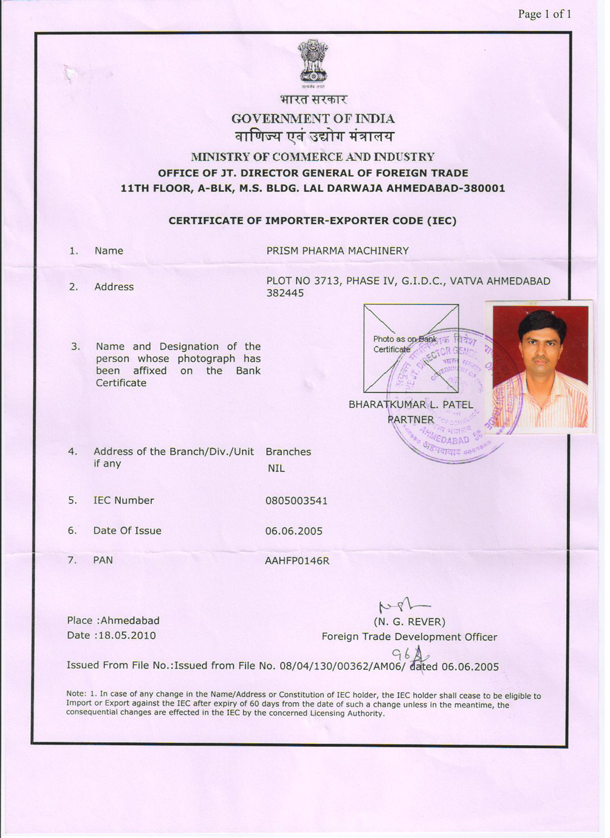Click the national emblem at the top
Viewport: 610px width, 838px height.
click(313, 62)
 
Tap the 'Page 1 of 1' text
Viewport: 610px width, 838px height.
click(544, 14)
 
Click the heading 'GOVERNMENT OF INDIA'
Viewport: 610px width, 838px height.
click(313, 118)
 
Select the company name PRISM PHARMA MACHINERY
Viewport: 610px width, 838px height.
click(337, 251)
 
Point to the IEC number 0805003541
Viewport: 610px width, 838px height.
click(296, 501)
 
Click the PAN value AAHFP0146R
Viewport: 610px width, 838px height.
click(297, 560)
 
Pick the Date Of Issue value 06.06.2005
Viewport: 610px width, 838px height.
click(293, 531)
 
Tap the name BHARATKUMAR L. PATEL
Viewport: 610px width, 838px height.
click(410, 404)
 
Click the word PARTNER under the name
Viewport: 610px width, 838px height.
click(411, 420)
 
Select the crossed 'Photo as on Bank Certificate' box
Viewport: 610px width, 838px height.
click(411, 348)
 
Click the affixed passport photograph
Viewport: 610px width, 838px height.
click(540, 366)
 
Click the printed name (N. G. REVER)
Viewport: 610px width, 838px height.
click(409, 622)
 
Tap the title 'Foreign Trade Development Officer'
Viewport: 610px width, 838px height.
click(409, 637)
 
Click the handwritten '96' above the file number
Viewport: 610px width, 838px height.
click(402, 653)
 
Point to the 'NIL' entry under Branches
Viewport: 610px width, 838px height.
click(276, 468)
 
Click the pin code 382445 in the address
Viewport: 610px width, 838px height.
click(285, 293)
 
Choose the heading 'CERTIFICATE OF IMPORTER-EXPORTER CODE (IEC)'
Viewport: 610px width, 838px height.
click(312, 221)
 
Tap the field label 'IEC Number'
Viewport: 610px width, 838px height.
click(123, 500)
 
